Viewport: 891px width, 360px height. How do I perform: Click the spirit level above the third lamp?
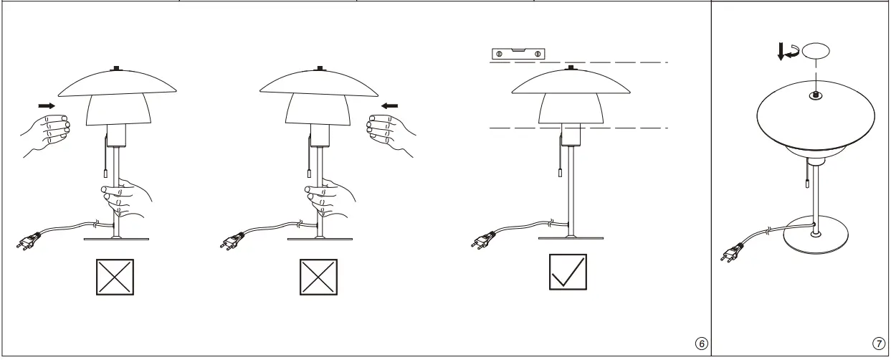(x=518, y=53)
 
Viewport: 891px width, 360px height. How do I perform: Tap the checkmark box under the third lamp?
(x=568, y=272)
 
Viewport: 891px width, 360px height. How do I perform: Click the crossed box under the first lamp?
(x=115, y=276)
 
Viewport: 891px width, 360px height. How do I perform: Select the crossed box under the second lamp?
(x=318, y=276)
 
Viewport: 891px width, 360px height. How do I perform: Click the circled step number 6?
(x=702, y=344)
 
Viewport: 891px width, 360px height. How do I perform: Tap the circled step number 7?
(x=879, y=344)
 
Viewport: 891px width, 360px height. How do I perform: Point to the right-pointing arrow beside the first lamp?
(x=46, y=105)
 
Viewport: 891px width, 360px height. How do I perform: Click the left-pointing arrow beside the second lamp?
(x=390, y=105)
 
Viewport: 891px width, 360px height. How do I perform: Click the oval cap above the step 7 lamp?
(x=816, y=52)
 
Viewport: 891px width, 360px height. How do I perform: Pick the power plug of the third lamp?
(x=482, y=240)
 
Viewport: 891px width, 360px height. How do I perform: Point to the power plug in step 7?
(x=731, y=253)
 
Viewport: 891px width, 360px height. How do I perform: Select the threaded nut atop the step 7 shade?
(x=816, y=95)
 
